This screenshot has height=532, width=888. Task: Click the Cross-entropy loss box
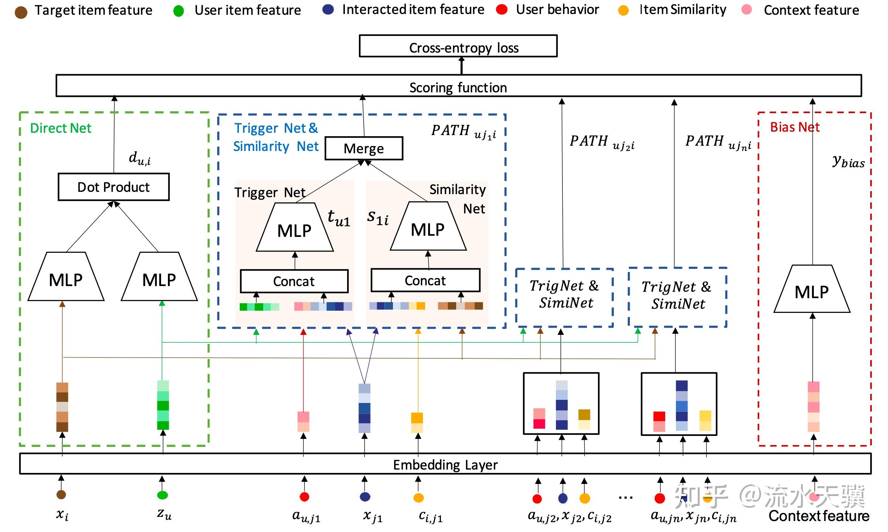pyautogui.click(x=458, y=46)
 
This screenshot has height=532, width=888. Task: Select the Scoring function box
pyautogui.click(x=458, y=86)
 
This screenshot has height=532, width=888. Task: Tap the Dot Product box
pyautogui.click(x=113, y=187)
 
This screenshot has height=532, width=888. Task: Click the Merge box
pyautogui.click(x=364, y=148)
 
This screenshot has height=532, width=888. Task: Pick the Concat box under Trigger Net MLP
pyautogui.click(x=294, y=281)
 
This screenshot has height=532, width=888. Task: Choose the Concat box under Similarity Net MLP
pyautogui.click(x=425, y=280)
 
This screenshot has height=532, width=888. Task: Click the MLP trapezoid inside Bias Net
pyautogui.click(x=812, y=291)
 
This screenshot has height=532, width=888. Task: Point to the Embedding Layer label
pyautogui.click(x=445, y=464)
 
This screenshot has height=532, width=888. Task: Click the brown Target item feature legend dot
pyautogui.click(x=21, y=12)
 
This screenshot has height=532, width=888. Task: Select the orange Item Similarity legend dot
pyautogui.click(x=623, y=11)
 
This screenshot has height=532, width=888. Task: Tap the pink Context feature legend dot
pyautogui.click(x=747, y=10)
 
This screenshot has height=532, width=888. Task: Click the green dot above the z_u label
pyautogui.click(x=162, y=495)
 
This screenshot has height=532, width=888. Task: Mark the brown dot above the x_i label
pyautogui.click(x=61, y=495)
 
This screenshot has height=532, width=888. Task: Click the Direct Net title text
pyautogui.click(x=61, y=128)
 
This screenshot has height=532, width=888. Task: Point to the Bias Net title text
pyautogui.click(x=795, y=127)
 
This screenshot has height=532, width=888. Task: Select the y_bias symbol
pyautogui.click(x=848, y=161)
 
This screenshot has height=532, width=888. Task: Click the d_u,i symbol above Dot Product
pyautogui.click(x=140, y=158)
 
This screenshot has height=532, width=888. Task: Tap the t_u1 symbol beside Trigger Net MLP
pyautogui.click(x=338, y=218)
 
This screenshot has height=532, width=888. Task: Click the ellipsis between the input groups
pyautogui.click(x=626, y=498)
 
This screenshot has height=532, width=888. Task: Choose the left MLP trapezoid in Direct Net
pyautogui.click(x=66, y=279)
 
